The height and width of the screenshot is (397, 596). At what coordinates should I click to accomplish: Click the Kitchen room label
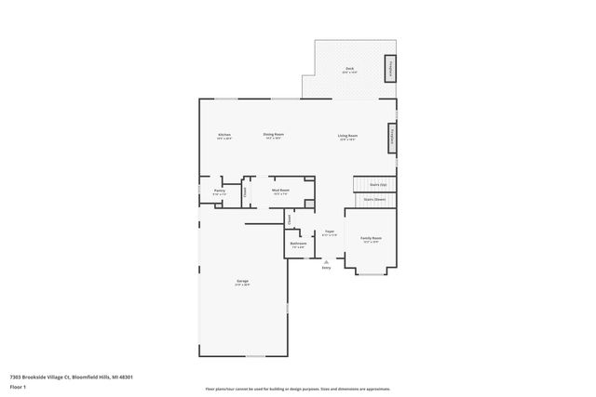pyautogui.click(x=224, y=136)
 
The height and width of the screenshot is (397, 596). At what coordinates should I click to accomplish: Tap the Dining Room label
pyautogui.click(x=273, y=136)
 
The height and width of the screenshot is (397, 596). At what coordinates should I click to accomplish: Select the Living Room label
pyautogui.click(x=348, y=137)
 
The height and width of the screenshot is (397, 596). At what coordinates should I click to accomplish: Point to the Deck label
pyautogui.click(x=349, y=70)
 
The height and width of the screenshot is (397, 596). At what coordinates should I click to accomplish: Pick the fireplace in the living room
pyautogui.click(x=393, y=138)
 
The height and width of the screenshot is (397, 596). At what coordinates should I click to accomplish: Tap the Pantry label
pyautogui.click(x=220, y=191)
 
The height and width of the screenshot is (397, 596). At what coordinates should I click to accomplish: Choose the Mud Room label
pyautogui.click(x=280, y=191)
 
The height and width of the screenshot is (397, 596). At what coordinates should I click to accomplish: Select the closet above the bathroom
pyautogui.click(x=290, y=219)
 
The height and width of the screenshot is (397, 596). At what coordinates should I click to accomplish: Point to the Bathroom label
pyautogui.click(x=298, y=245)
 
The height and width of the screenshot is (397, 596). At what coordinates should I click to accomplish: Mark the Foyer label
pyautogui.click(x=329, y=232)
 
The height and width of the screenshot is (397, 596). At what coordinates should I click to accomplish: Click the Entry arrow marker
pyautogui.click(x=327, y=263)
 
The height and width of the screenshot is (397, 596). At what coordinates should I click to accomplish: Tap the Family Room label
pyautogui.click(x=371, y=239)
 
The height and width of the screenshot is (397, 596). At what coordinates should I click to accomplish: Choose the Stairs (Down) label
pyautogui.click(x=374, y=200)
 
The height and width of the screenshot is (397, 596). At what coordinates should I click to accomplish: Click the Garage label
pyautogui.click(x=242, y=282)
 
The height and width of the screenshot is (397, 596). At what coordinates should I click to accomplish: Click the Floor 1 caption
pyautogui.click(x=17, y=386)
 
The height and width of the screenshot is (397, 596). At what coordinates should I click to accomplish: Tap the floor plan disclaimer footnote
pyautogui.click(x=297, y=389)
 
